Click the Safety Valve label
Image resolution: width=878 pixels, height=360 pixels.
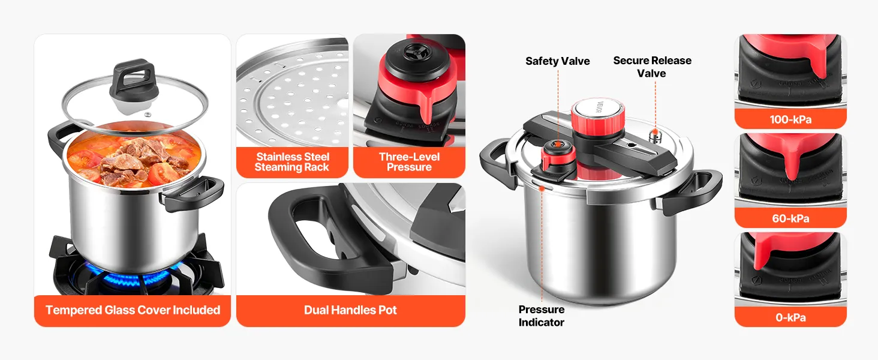tap(557, 61)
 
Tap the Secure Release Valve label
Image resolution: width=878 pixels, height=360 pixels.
tap(653, 67)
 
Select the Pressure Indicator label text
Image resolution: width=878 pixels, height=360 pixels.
tap(542, 316)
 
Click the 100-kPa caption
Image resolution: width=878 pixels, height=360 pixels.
tap(790, 119)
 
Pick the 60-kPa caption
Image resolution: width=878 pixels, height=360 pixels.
tap(790, 218)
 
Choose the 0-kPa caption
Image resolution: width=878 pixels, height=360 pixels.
tap(790, 317)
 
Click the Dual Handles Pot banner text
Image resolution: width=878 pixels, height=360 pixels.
tap(350, 310)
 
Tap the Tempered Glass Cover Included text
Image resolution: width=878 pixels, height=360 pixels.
tap(133, 310)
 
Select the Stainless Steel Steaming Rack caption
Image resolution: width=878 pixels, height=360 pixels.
tap(293, 162)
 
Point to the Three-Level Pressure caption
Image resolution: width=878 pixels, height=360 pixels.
tap(409, 162)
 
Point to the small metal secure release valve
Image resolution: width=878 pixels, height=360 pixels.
tap(654, 136)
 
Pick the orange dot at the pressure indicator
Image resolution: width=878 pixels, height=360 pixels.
tap(542, 188)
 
